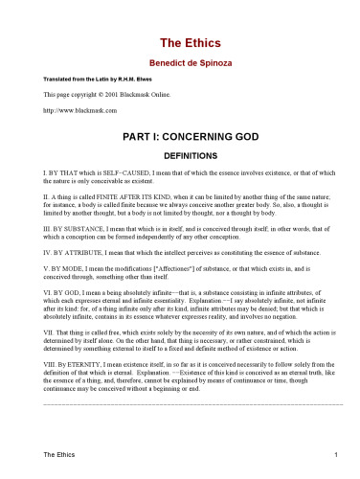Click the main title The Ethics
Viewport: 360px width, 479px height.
[180, 43]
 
